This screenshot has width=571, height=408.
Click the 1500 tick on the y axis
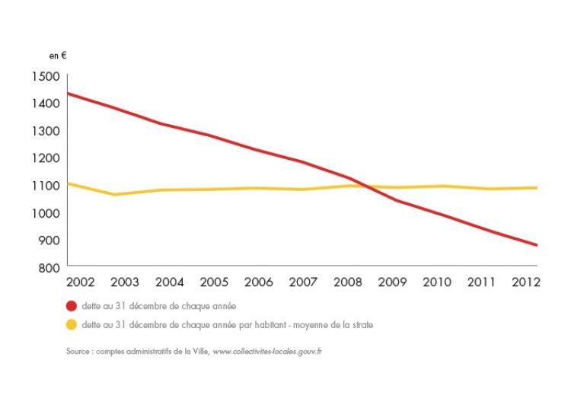[x=46, y=76]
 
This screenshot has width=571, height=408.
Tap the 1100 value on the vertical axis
[x=46, y=186]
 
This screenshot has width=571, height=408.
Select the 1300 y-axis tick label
[x=46, y=131]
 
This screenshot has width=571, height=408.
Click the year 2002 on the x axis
[x=81, y=282]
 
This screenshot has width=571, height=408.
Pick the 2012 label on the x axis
[x=525, y=282]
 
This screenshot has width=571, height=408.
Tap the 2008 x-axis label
[x=347, y=282]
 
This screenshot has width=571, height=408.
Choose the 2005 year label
[x=214, y=282]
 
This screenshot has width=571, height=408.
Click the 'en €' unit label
[x=59, y=56]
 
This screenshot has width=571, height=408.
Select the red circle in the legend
[x=72, y=306]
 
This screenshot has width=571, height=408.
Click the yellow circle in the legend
[x=72, y=325]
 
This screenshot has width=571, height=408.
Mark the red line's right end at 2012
[x=538, y=245]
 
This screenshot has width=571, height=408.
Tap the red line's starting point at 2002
[x=68, y=93]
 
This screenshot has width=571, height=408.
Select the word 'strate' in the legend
[x=362, y=325]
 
